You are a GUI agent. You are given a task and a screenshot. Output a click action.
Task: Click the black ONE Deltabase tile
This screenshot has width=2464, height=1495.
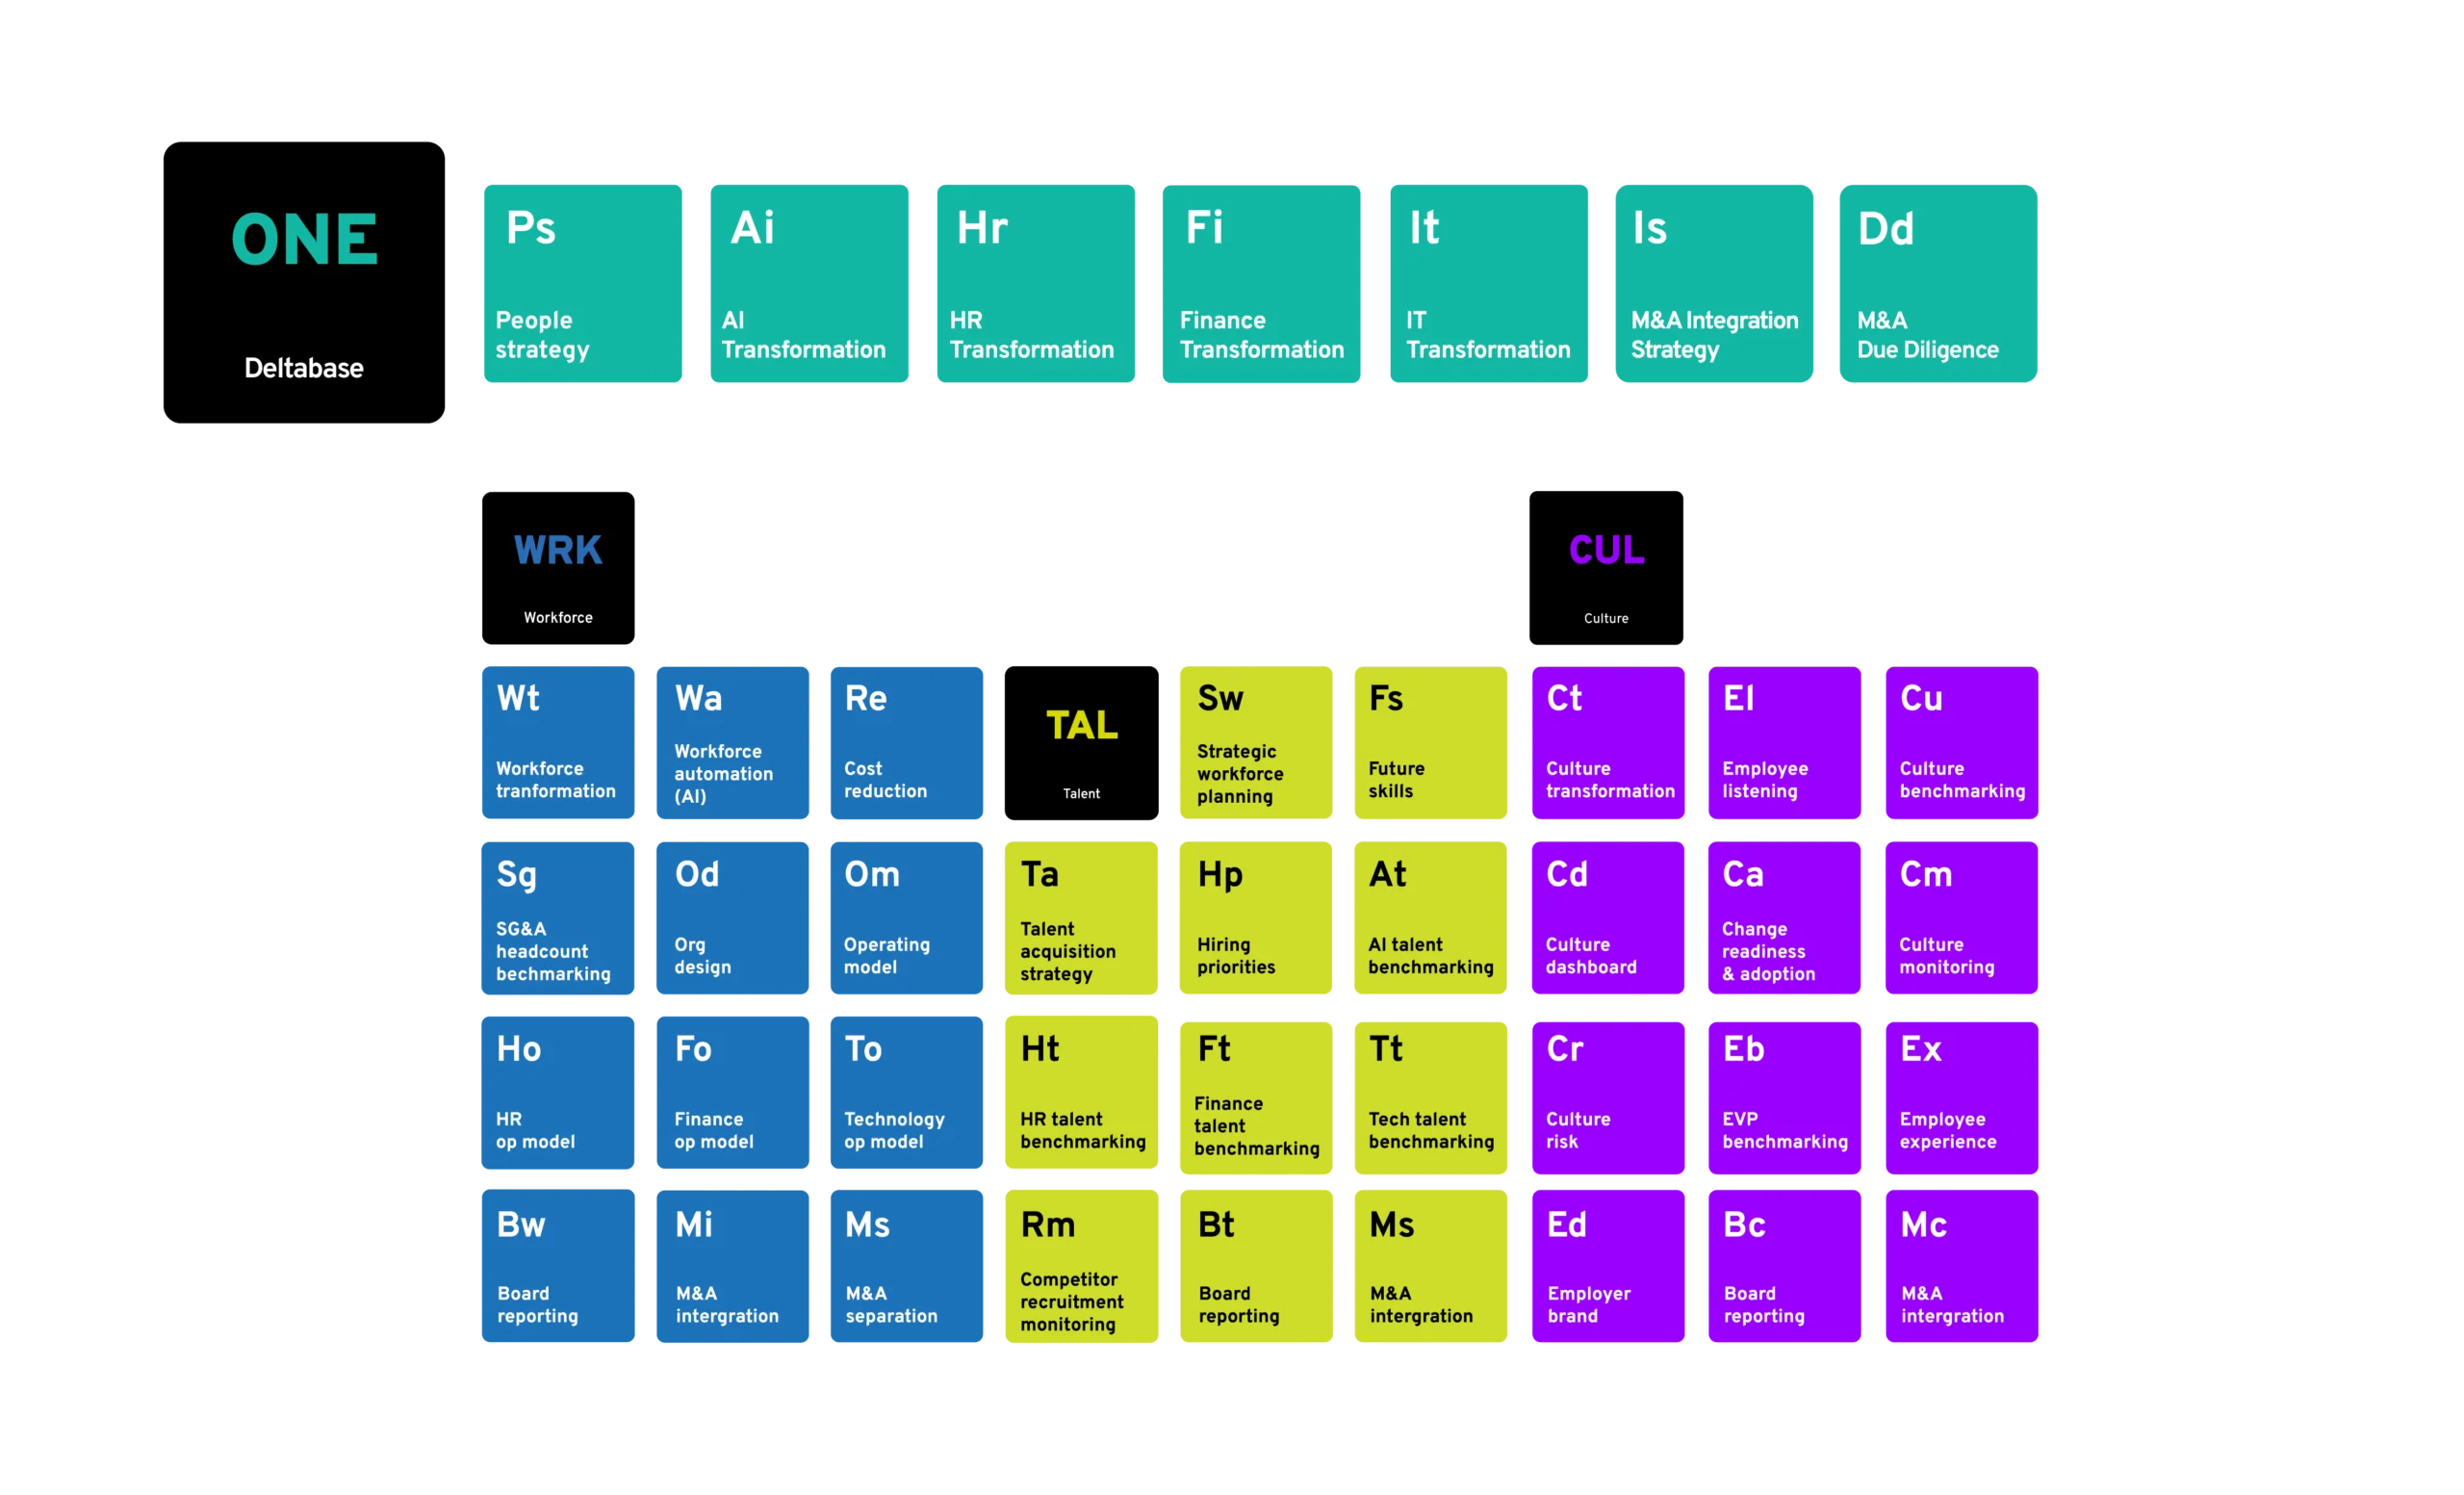304,282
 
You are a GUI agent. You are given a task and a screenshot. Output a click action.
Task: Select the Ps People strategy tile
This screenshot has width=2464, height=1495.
583,283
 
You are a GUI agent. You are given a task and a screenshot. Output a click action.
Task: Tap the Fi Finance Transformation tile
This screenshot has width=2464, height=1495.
1261,283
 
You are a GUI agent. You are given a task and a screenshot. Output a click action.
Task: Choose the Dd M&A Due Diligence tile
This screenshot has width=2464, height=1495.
1938,283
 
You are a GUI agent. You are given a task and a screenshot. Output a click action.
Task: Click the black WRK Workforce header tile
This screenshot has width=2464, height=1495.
558,568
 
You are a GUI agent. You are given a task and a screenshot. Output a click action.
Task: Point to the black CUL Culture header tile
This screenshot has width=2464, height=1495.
1606,568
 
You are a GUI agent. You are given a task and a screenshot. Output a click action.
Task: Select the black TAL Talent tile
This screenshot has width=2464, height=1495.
1081,743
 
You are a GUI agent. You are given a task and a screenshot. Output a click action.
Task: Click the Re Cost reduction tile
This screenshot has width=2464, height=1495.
906,743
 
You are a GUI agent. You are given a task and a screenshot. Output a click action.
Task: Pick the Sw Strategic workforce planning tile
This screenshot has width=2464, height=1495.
1256,743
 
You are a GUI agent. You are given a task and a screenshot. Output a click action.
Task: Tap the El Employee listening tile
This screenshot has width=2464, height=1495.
1784,743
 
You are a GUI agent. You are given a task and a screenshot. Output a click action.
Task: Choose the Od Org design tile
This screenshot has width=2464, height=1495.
732,918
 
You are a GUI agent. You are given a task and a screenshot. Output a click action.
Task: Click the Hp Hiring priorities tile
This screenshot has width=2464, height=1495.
1256,918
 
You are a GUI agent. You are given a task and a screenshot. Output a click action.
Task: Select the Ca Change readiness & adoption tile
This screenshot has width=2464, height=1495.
1784,918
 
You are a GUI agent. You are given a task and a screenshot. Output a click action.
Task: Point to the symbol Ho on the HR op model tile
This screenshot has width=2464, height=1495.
519,1049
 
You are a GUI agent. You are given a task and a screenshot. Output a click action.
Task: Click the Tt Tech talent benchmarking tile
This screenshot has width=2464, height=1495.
1430,1097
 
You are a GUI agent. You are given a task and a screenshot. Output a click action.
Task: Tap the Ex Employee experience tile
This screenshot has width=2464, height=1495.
1962,1097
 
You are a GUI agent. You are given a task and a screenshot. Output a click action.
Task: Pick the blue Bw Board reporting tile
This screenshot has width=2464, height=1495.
558,1266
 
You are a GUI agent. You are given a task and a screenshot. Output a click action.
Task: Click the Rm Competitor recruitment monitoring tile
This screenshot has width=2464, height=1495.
1081,1266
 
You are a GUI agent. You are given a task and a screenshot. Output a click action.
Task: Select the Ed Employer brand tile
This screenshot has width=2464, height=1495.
1608,1266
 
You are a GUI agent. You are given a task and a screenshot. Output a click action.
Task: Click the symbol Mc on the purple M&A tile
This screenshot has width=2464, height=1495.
1923,1225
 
